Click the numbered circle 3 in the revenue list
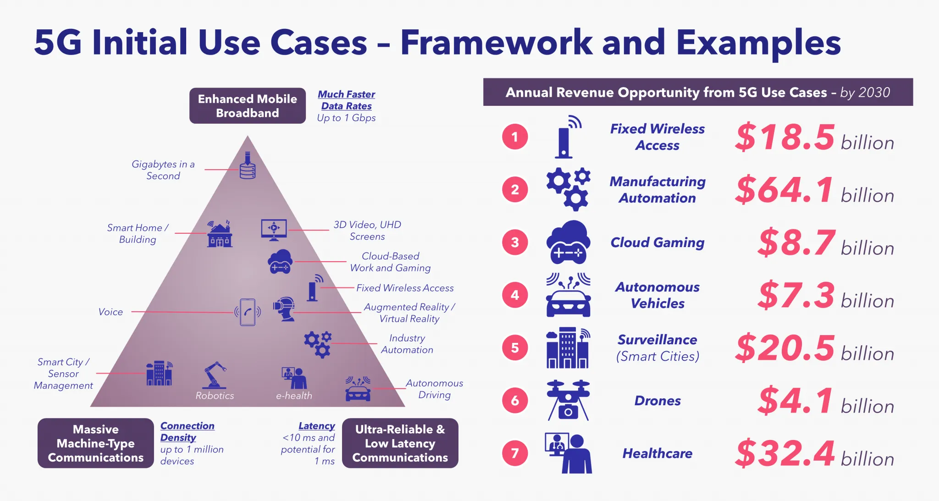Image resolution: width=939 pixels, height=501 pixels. [515, 242]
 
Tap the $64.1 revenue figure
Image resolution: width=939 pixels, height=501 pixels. [784, 189]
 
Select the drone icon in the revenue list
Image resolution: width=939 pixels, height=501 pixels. [568, 400]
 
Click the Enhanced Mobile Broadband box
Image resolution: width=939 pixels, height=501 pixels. [248, 106]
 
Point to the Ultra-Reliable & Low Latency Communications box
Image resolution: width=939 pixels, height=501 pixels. [400, 443]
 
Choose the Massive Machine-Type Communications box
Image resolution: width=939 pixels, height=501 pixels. [95, 443]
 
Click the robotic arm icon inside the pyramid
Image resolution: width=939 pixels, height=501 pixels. [215, 375]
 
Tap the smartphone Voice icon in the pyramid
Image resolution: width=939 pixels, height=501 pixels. [248, 312]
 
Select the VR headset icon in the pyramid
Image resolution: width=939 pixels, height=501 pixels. [284, 309]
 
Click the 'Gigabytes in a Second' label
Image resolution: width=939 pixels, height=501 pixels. [163, 170]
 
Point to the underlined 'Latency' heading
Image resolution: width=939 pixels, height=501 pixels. [316, 426]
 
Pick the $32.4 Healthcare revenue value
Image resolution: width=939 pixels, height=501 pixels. [784, 453]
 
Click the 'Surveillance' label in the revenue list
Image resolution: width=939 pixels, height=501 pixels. [657, 340]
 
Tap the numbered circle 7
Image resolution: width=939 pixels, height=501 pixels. [515, 453]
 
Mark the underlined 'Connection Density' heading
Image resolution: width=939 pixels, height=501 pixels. [187, 431]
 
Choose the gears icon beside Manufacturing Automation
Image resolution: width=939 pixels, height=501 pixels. [568, 189]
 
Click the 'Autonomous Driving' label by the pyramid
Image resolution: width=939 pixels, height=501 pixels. [434, 389]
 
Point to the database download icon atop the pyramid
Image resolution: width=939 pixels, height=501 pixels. [248, 165]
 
